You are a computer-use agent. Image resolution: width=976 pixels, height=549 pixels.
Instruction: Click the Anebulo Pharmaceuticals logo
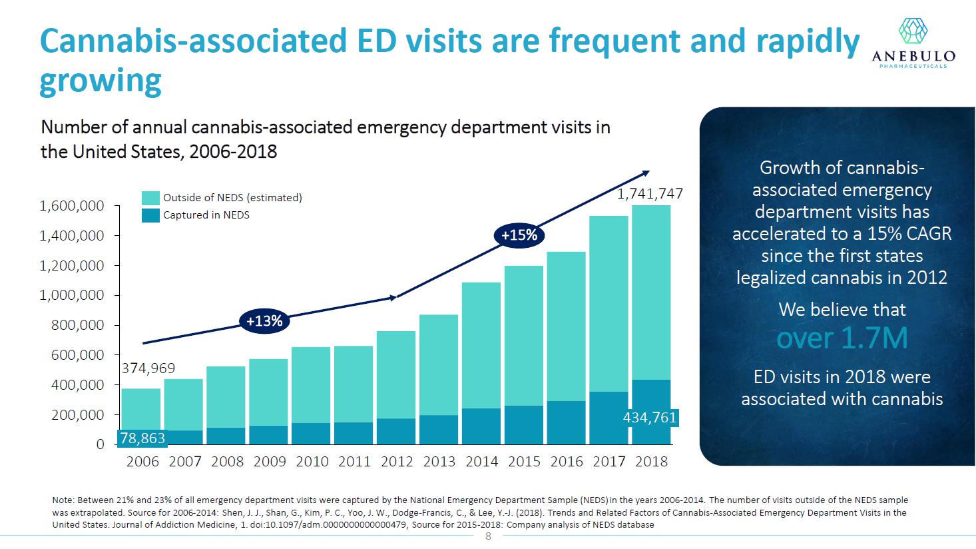913,41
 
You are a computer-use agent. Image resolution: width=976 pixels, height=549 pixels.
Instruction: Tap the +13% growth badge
264,321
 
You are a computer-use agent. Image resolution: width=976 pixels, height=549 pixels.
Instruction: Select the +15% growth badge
519,235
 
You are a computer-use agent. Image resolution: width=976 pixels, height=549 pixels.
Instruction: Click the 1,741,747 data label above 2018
650,194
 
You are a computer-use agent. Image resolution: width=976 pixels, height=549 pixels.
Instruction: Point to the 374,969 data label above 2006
148,368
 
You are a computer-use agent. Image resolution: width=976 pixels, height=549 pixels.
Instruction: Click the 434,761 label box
649,418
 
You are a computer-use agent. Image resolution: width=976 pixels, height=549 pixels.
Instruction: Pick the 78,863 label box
142,438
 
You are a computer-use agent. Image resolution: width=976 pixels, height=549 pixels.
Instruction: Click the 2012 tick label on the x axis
397,462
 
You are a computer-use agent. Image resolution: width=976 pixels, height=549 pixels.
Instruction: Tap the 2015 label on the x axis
524,462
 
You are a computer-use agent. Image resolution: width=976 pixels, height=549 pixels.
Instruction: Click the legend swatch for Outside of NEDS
151,198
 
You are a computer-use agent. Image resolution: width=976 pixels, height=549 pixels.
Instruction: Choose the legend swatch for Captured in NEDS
151,215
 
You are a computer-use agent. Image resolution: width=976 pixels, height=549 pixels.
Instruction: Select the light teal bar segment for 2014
481,345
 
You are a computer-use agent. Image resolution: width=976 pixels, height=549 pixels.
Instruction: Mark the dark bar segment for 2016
567,422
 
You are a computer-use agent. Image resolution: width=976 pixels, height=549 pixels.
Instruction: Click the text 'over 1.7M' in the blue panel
842,338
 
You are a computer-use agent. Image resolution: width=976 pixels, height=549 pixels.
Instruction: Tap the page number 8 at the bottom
488,536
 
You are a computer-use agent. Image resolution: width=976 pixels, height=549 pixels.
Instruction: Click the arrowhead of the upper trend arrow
645,173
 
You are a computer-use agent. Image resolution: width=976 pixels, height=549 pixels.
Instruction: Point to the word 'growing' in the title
101,81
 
